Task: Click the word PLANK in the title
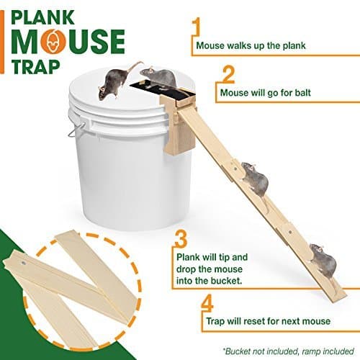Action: (x=53, y=15)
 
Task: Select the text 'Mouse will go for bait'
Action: (x=264, y=92)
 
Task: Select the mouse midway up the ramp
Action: (x=253, y=176)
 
